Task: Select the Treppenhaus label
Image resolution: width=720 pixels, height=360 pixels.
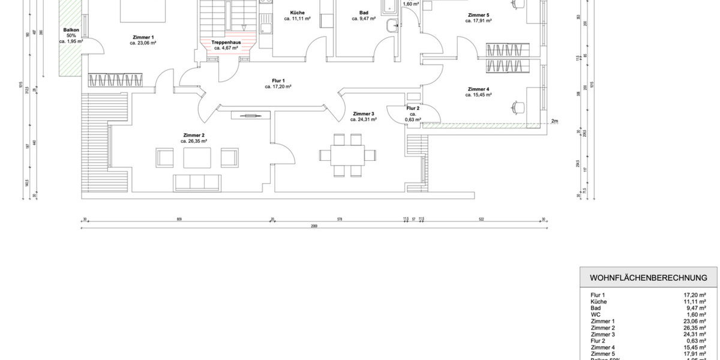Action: tap(226, 43)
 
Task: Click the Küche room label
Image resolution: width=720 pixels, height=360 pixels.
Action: tap(296, 13)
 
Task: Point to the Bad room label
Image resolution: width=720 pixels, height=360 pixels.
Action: tap(364, 13)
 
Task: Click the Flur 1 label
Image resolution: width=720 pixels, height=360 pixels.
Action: tap(278, 80)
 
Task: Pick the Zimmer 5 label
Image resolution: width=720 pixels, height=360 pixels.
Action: tap(478, 14)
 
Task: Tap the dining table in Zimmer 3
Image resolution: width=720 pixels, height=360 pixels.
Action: tap(348, 155)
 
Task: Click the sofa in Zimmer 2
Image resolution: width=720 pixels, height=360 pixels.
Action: tap(196, 181)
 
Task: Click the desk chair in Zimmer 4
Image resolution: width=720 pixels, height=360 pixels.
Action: tap(517, 107)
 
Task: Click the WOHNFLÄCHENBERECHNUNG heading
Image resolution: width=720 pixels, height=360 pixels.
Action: tap(649, 278)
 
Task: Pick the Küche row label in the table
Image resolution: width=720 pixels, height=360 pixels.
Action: tap(598, 302)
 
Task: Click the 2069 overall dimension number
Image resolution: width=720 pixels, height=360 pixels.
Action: tap(313, 226)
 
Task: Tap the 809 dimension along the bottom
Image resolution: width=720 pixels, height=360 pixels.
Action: tap(179, 220)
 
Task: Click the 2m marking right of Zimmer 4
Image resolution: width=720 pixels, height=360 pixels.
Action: tap(555, 121)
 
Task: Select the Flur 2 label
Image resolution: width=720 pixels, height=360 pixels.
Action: tap(413, 109)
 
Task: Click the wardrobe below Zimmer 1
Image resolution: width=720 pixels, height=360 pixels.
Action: tap(115, 80)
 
